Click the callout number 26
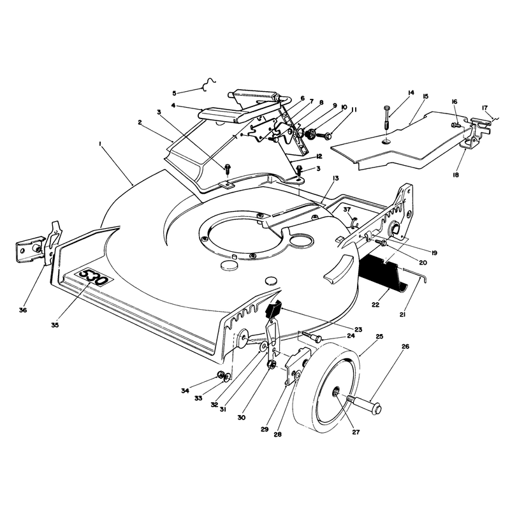pyautogui.click(x=405, y=346)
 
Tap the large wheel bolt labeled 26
pyautogui.click(x=364, y=403)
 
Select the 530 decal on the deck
pyautogui.click(x=94, y=277)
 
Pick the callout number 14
pyautogui.click(x=411, y=92)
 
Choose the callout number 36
pyautogui.click(x=23, y=310)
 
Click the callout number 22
pyautogui.click(x=375, y=305)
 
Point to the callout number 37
pyautogui.click(x=347, y=210)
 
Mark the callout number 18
pyautogui.click(x=456, y=175)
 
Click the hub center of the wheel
pyautogui.click(x=336, y=394)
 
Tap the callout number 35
pyautogui.click(x=55, y=324)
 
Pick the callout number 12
pyautogui.click(x=319, y=156)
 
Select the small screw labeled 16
pyautogui.click(x=456, y=125)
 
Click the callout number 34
pyautogui.click(x=185, y=391)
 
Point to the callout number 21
pyautogui.click(x=402, y=314)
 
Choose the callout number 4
pyautogui.click(x=173, y=106)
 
